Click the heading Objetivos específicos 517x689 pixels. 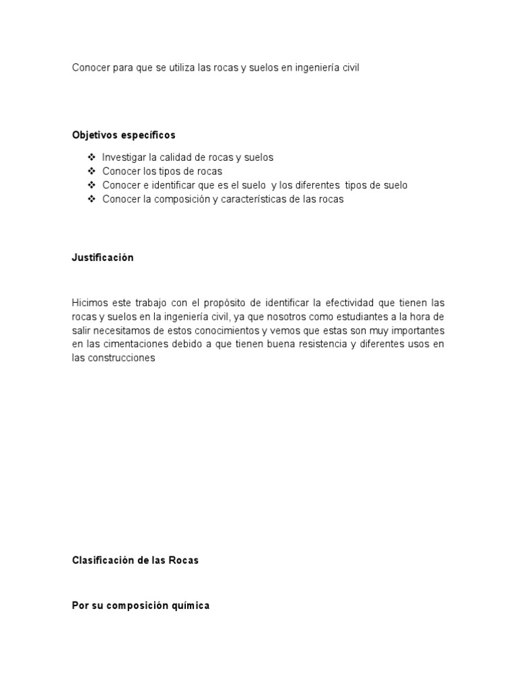point(123,135)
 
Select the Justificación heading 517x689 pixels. point(102,258)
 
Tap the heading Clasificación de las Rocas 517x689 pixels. point(135,560)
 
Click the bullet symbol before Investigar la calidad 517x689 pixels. point(92,157)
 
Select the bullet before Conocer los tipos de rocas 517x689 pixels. point(92,171)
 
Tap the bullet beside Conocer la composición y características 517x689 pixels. point(92,199)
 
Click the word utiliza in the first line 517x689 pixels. point(178,69)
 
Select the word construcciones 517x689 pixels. point(122,358)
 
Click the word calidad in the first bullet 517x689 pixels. point(177,157)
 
